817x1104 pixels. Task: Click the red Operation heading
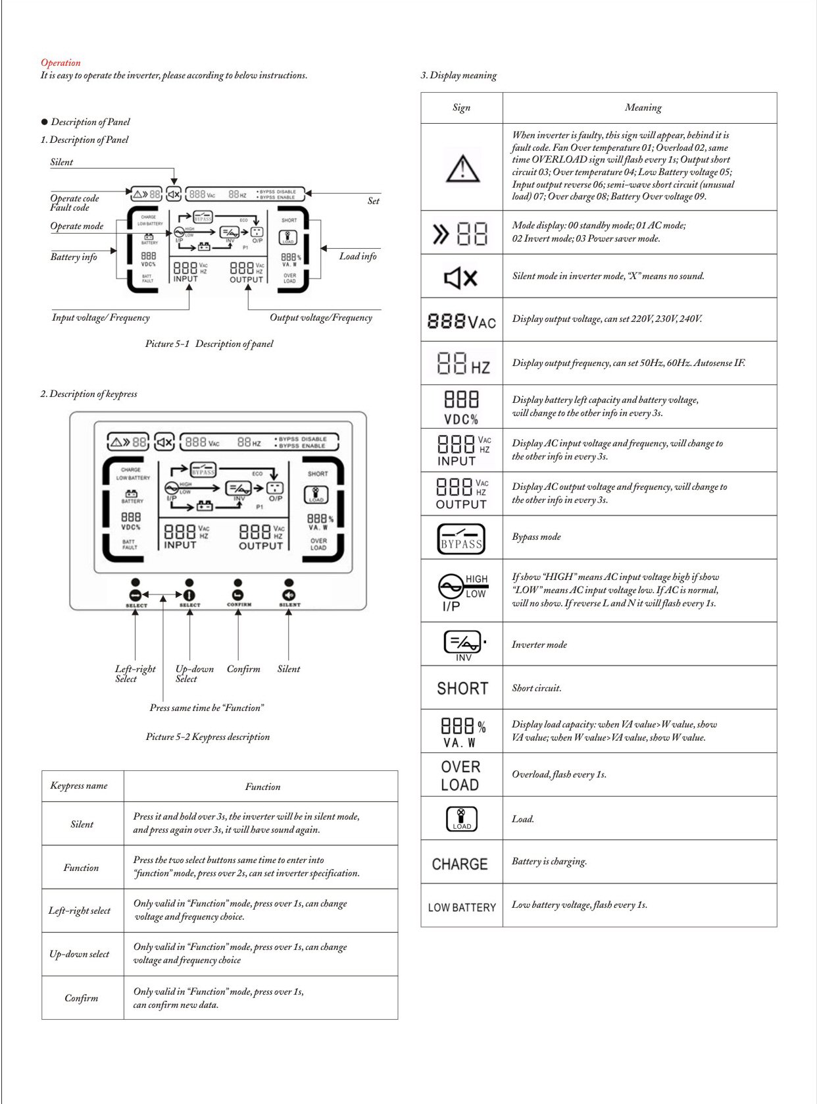pos(61,63)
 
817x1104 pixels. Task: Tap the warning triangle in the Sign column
pos(462,168)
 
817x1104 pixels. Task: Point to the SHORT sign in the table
pos(462,689)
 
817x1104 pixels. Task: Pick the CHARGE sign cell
pos(460,864)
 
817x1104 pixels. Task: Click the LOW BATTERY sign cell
pos(462,907)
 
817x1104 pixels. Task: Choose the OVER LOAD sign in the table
pos(460,775)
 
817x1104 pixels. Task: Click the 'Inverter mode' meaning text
pos(539,644)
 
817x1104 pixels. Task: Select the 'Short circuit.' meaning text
pos(536,688)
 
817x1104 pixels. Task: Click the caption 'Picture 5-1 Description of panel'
pos(209,344)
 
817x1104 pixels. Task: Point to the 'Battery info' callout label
pos(74,257)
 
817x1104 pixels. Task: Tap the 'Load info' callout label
pos(358,256)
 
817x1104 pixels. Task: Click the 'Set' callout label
pos(373,201)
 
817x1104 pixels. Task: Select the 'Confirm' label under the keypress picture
pos(243,669)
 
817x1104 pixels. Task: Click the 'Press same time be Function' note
pos(207,708)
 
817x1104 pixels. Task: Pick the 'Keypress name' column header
pos(79,785)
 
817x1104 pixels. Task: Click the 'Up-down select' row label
pos(80,954)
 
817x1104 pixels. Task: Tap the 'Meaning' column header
pos(643,107)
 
